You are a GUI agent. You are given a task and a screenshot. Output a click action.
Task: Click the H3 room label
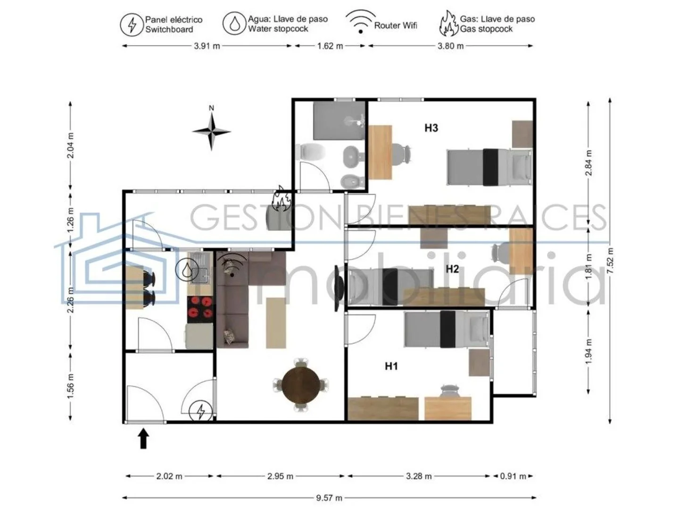(431, 128)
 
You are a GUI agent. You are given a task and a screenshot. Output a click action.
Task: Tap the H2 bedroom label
(452, 269)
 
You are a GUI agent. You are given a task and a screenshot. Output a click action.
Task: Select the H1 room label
(391, 366)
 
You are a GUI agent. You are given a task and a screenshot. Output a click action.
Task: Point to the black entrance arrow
(143, 438)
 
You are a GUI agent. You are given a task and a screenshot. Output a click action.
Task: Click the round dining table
(301, 385)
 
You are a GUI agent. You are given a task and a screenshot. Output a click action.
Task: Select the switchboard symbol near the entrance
(201, 411)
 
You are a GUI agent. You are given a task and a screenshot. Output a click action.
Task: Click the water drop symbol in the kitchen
(187, 270)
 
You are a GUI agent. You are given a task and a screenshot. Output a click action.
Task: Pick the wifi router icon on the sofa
(231, 265)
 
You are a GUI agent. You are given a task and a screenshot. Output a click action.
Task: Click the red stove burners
(200, 307)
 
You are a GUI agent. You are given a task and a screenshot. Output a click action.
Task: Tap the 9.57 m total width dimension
(329, 498)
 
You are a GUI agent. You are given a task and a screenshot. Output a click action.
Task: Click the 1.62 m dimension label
(330, 46)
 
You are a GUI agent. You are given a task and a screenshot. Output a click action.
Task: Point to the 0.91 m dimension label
(513, 476)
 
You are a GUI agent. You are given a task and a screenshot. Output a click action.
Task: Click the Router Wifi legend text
(396, 25)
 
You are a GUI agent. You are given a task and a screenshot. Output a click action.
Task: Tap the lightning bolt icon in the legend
(132, 25)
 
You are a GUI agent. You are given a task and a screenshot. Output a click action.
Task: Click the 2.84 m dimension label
(588, 163)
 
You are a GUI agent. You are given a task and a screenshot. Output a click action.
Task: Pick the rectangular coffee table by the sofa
(276, 323)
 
